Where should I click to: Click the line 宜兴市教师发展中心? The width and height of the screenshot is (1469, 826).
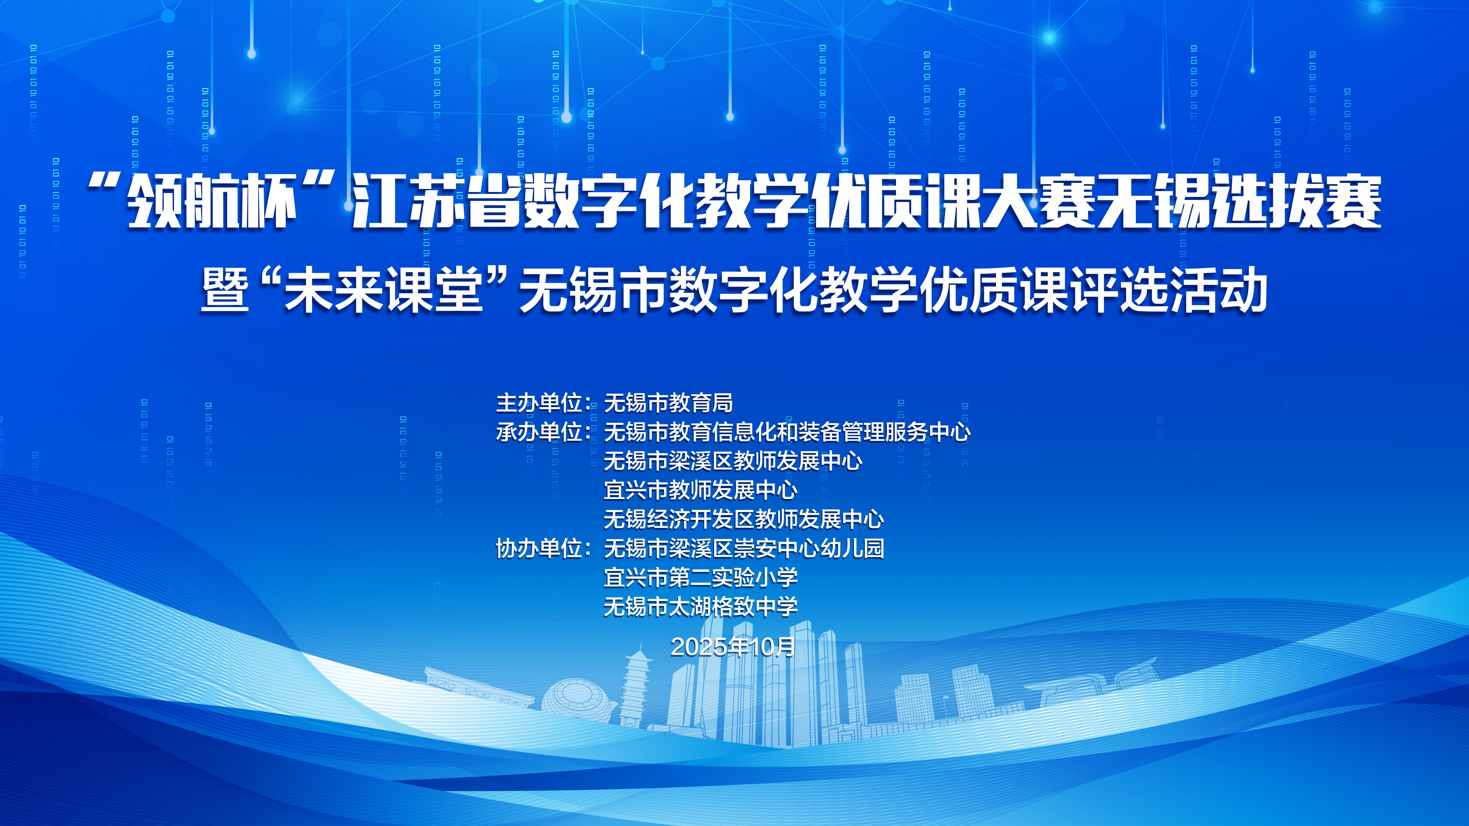700,490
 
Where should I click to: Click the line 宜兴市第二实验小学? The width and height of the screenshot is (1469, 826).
700,577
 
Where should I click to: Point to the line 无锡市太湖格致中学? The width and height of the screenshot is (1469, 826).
700,607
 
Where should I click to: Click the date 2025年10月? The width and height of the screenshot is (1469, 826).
733,646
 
